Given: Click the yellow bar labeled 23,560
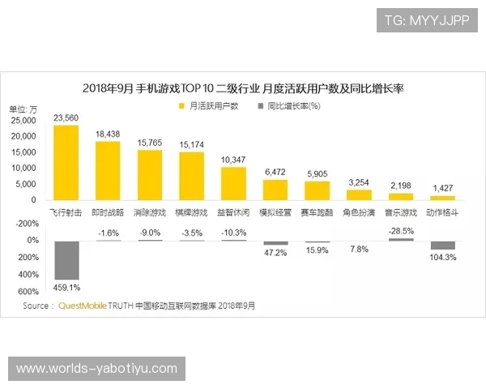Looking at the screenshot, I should [66, 162].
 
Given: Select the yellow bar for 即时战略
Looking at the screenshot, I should [108, 170].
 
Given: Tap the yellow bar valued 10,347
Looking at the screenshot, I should [233, 183].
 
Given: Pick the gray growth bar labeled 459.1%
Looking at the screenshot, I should [66, 260].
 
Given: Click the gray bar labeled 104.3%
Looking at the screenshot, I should [442, 245].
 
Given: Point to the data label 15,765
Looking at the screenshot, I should [150, 143].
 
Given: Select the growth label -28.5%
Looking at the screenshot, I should [401, 231].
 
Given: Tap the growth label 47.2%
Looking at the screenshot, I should [276, 253].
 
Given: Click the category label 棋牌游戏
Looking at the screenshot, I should [192, 212].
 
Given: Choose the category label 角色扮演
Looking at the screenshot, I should [359, 212].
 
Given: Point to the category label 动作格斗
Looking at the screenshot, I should [442, 212].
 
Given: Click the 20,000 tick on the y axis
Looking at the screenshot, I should [23, 136].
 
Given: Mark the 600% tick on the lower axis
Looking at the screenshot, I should [28, 292].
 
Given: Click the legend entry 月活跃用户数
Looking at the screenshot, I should [210, 106].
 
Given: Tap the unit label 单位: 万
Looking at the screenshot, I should [23, 109].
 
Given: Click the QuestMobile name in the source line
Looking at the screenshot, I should [85, 306].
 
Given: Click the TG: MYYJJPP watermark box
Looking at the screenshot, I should [427, 20].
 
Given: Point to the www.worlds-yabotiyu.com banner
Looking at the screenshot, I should [96, 369].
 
